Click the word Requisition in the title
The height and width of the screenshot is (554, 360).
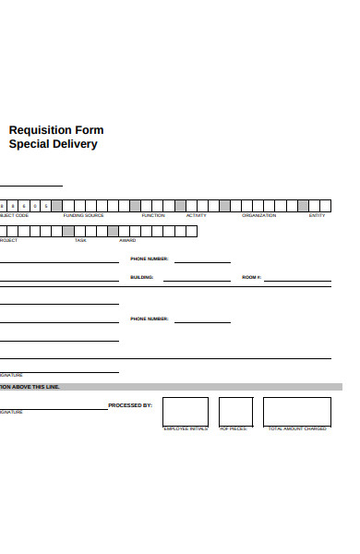click(x=42, y=130)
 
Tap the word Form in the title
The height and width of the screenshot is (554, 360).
click(x=90, y=130)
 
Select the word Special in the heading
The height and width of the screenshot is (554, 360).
click(x=29, y=145)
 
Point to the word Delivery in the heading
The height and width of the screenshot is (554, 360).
click(x=75, y=145)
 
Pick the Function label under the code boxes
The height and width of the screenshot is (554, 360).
click(x=153, y=215)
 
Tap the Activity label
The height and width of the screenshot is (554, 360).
click(x=197, y=215)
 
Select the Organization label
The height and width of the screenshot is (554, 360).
click(x=259, y=215)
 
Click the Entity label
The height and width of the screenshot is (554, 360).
click(x=317, y=215)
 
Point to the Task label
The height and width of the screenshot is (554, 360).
click(x=80, y=240)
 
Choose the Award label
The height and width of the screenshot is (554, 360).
click(x=127, y=240)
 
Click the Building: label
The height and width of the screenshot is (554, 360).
click(x=142, y=277)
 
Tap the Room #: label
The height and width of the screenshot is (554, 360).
click(x=252, y=277)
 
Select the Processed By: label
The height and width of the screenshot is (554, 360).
click(x=130, y=405)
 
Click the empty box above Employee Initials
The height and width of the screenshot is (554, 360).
click(x=185, y=412)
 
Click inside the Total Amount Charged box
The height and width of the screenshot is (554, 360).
click(x=296, y=412)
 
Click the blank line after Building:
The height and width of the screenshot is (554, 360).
click(x=197, y=279)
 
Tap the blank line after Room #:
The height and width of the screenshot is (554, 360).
click(x=297, y=279)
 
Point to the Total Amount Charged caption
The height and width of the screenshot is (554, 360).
click(x=297, y=429)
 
